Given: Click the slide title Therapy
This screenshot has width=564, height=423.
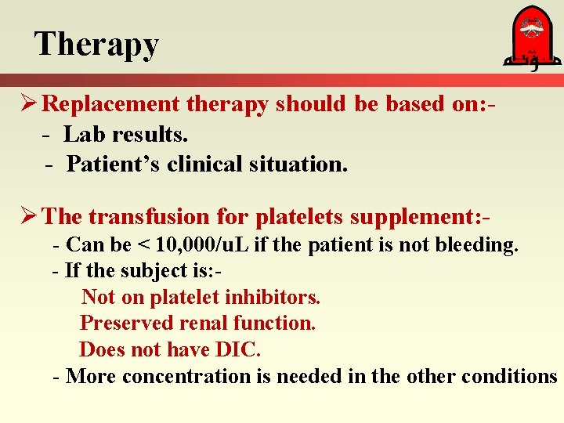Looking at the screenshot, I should coord(96,45).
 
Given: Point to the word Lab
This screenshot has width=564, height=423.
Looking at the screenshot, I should coord(80,135).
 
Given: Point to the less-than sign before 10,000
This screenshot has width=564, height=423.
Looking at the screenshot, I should coord(142,245).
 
